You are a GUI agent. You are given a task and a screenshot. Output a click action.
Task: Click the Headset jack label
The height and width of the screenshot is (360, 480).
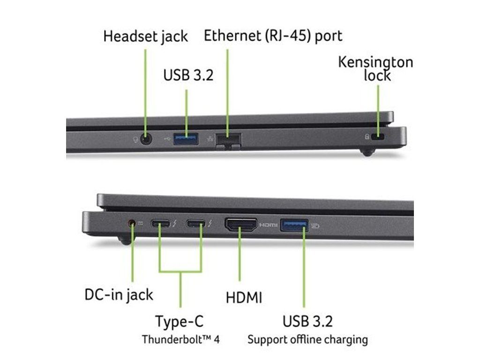click(145, 37)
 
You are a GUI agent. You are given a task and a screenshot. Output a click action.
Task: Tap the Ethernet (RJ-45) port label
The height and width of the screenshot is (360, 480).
click(273, 36)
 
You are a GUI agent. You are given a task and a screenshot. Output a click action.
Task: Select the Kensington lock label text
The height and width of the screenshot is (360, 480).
click(376, 68)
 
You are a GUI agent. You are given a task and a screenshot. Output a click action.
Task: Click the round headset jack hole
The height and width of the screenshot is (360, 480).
click(147, 139)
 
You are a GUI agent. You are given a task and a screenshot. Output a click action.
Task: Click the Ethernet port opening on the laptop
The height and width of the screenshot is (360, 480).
click(229, 139)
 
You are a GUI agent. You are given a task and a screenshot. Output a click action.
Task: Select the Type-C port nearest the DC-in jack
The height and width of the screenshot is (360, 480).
click(161, 224)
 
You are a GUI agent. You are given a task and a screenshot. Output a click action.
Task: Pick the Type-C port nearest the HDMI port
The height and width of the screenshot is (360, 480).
click(196, 224)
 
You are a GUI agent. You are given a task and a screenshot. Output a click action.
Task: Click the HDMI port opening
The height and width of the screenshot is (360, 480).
click(241, 225)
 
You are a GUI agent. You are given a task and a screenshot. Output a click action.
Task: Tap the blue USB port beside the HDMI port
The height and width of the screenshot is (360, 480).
click(294, 225)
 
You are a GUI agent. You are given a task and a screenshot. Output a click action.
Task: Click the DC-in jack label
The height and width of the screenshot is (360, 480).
click(119, 294)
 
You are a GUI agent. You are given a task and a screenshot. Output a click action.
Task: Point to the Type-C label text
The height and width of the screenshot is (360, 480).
click(180, 322)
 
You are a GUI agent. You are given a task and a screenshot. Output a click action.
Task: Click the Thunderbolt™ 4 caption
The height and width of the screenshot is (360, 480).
click(180, 339)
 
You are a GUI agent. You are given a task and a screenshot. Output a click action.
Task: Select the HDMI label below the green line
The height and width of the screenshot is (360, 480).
click(244, 298)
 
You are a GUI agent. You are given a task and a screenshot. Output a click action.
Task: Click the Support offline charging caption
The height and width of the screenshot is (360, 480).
click(307, 339)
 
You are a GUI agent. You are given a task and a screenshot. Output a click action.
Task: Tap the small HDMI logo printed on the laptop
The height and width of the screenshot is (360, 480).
click(269, 225)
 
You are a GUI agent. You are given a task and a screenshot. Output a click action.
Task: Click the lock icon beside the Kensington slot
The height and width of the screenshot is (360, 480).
click(367, 137)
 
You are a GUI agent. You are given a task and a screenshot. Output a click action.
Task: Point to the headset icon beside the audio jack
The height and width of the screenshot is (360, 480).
click(135, 139)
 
